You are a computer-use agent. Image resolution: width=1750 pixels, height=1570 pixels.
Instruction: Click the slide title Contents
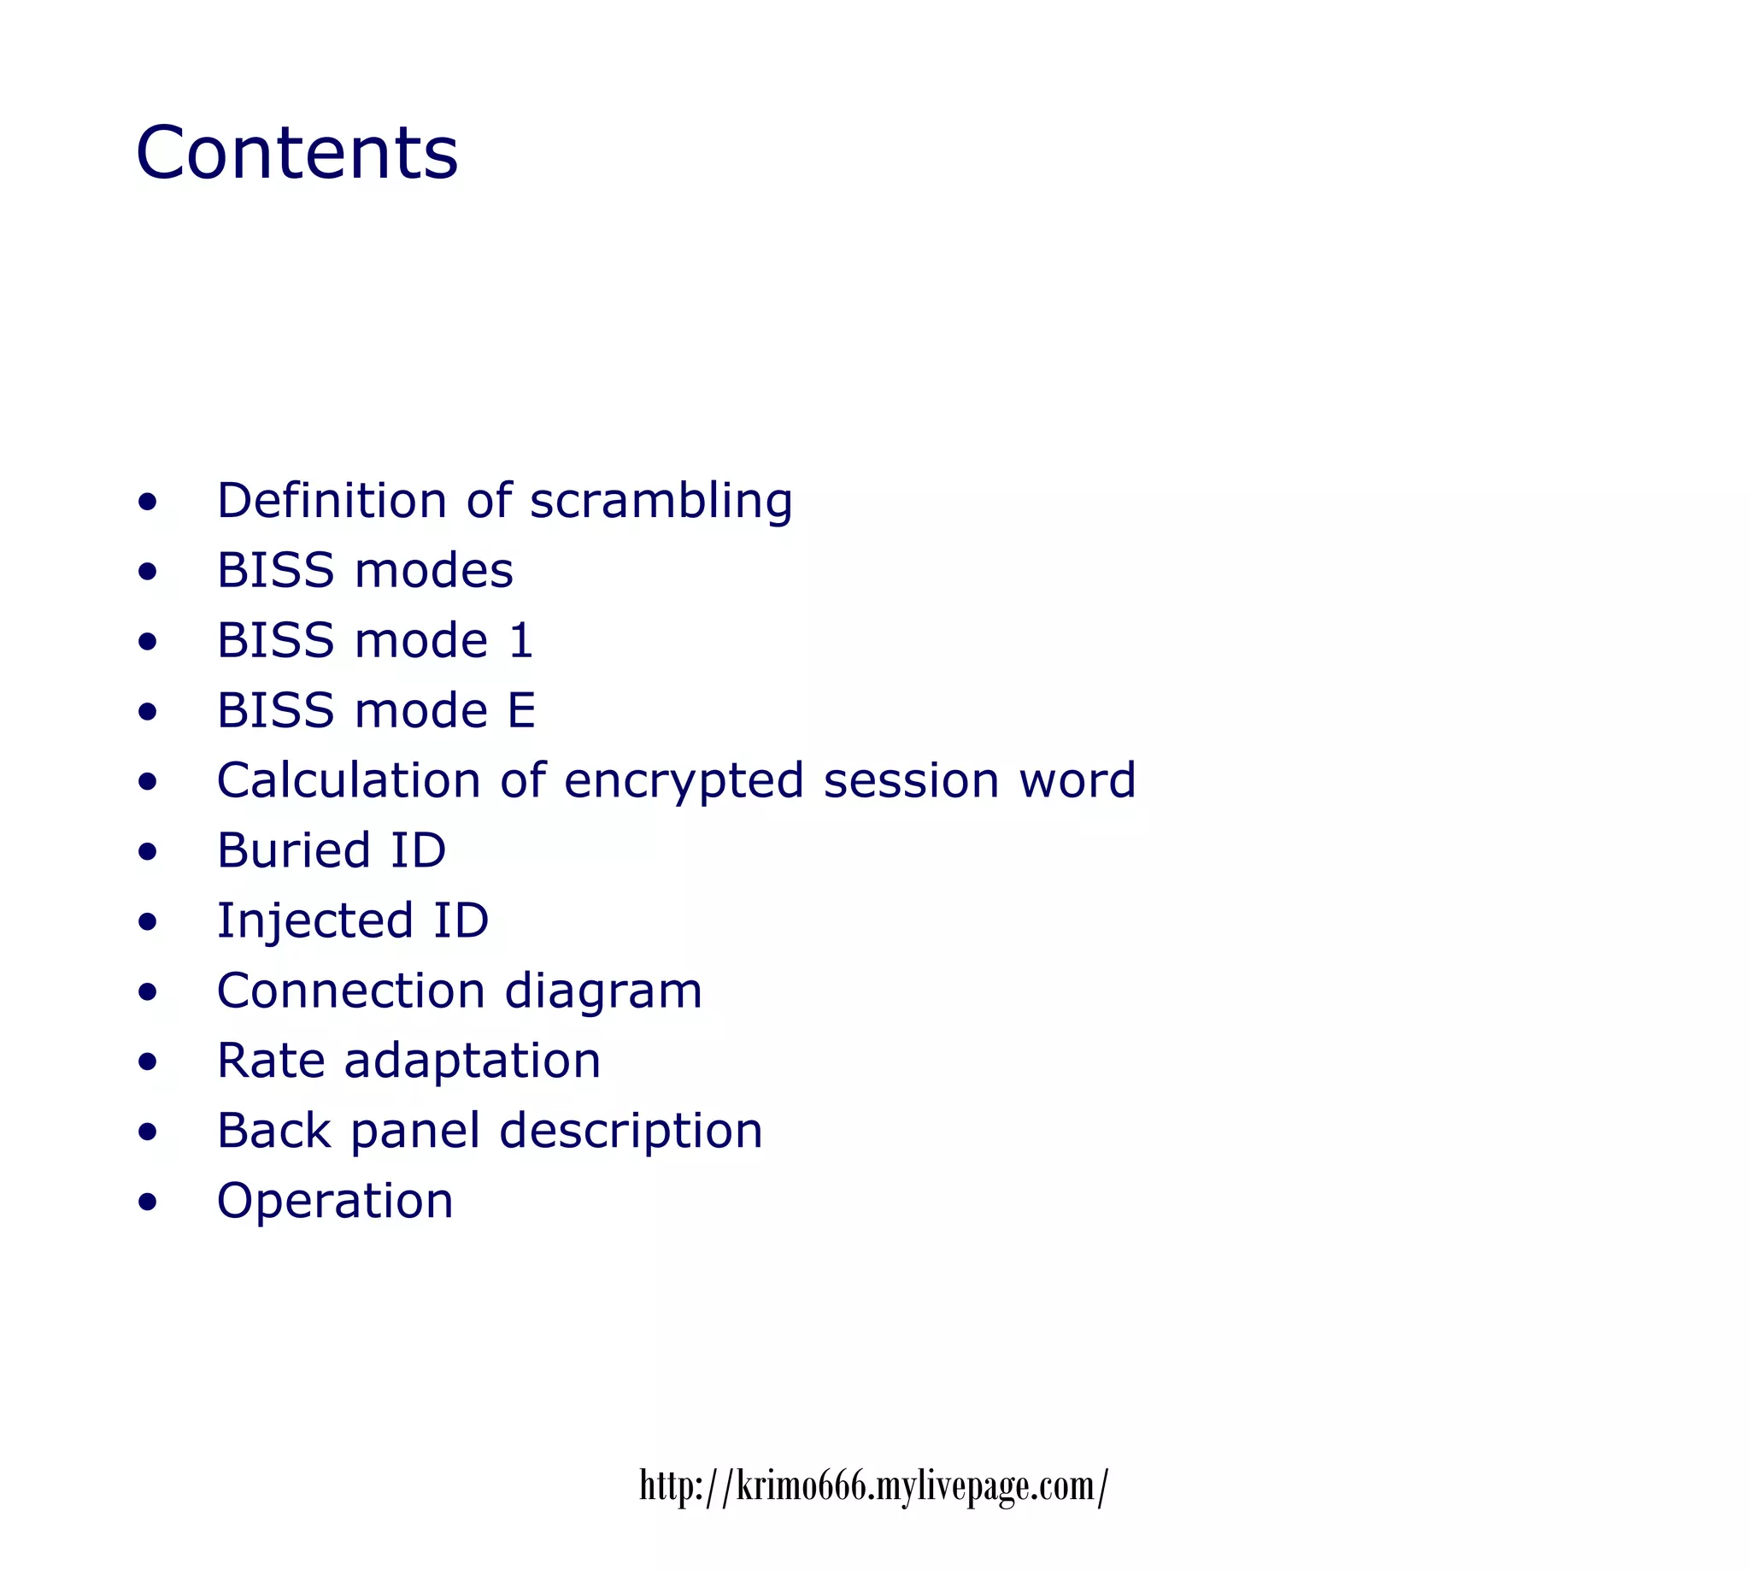297,153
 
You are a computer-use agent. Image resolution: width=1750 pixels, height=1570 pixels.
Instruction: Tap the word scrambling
661,501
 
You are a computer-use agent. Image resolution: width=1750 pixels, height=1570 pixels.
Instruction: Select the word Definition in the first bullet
332,500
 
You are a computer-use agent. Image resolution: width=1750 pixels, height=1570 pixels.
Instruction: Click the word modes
433,571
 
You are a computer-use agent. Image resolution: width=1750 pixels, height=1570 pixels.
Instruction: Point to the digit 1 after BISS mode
521,641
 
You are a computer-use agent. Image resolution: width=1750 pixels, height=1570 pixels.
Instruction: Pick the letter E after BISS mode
521,711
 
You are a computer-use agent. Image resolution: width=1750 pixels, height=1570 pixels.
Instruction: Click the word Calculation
349,780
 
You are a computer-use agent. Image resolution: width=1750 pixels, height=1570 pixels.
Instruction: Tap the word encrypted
684,781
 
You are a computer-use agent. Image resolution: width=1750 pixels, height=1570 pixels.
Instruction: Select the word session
911,780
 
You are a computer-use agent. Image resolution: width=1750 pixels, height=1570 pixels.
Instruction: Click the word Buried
293,850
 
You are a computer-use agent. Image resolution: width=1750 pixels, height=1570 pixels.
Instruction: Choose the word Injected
314,921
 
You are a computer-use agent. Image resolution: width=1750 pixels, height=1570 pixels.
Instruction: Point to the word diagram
603,991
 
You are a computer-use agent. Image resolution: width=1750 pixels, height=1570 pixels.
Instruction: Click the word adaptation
472,1061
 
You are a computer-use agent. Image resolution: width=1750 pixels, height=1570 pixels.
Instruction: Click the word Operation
335,1201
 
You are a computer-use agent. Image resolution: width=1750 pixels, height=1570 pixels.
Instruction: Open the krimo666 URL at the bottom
872,1485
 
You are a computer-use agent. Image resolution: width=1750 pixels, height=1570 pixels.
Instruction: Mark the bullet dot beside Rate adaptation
148,1061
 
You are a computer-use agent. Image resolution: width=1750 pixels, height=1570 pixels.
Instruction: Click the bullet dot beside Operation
148,1202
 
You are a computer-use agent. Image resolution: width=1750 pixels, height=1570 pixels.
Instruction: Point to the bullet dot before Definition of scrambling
148,501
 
